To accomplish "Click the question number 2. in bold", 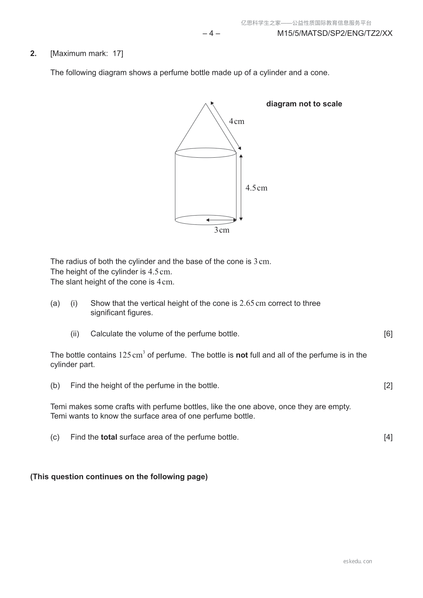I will (x=33, y=54).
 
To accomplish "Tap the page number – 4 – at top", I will (x=211, y=33).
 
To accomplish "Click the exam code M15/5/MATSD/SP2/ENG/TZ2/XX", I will (x=335, y=33).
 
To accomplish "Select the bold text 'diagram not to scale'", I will (x=304, y=104).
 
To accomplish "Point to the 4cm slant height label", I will (x=237, y=121).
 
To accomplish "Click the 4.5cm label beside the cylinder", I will (x=256, y=188).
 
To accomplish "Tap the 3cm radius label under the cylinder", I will (x=222, y=230).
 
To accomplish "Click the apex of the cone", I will (x=206, y=104).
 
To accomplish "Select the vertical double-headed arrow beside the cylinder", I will (x=241, y=187).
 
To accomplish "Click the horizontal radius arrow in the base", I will (x=221, y=220).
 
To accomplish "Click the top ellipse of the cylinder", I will (x=206, y=153).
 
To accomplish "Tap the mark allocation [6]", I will (x=388, y=334).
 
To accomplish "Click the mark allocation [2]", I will (x=388, y=386).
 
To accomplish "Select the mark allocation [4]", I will (x=388, y=437).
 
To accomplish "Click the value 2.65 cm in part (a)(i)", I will (x=253, y=303).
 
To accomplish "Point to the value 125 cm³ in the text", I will (x=131, y=355).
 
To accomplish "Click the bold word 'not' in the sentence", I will (x=242, y=355).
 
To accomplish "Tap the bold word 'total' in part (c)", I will (x=109, y=437).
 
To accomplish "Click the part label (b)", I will (x=55, y=386).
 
